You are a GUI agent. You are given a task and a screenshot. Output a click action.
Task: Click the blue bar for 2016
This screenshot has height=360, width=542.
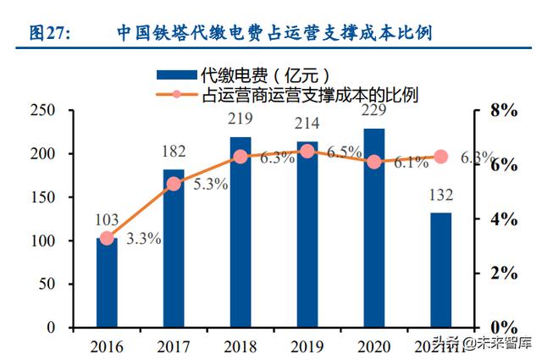coord(107,283)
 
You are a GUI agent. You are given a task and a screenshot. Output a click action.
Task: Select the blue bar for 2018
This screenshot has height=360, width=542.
coord(241,232)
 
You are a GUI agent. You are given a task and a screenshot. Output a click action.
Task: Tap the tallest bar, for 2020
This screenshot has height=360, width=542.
coord(373,228)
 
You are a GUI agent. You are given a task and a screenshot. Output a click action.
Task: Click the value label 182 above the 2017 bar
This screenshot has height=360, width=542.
coord(173,152)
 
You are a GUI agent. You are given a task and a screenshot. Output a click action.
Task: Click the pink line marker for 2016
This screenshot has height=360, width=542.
coord(107,238)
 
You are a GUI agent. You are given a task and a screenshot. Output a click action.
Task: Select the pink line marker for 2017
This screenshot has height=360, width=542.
coord(174,184)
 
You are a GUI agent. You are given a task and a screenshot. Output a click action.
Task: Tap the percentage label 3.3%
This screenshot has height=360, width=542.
coord(144,239)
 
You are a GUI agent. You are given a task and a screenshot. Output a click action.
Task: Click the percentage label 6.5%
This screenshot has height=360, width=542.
coord(345,152)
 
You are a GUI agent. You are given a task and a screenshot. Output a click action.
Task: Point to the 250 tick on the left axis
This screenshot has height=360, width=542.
coord(41,110)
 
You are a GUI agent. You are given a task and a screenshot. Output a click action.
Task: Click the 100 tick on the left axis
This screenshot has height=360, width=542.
coord(41,241)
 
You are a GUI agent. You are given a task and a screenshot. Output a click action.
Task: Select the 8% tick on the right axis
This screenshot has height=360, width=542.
coord(503,110)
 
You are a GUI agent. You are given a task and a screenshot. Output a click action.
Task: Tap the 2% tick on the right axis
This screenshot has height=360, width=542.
coord(503,273)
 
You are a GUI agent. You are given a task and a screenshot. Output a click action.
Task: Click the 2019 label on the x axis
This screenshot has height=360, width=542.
coord(307,346)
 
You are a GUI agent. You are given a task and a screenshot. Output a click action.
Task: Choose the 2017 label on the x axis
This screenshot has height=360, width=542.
coord(174,346)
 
